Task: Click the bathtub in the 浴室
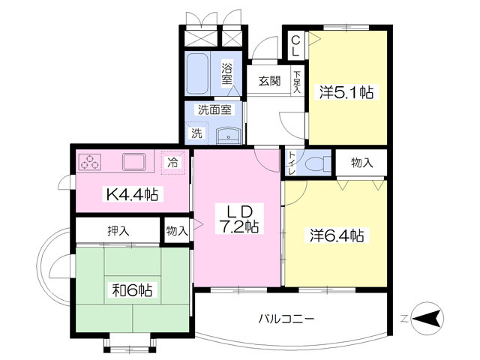pos(198,73)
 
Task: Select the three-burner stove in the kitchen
pos(90,162)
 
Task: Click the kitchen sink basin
pos(133,162)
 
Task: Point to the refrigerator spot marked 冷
pos(173,163)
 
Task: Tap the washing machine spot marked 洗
pos(196,133)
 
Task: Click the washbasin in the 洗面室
pos(228,136)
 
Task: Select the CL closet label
pos(295,46)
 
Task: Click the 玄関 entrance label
pos(269,81)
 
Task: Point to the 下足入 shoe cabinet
pos(297,81)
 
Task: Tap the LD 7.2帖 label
pos(240,219)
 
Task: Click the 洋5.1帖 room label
pos(346,91)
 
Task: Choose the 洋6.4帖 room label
pos(337,235)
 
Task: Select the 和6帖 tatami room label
pos(132,290)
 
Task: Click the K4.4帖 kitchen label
pos(132,193)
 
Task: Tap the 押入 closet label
pos(118,230)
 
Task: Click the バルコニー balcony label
pos(286,319)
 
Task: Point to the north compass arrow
pos(427,318)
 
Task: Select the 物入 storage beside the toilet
pos(361,163)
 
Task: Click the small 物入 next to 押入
pos(177,230)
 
